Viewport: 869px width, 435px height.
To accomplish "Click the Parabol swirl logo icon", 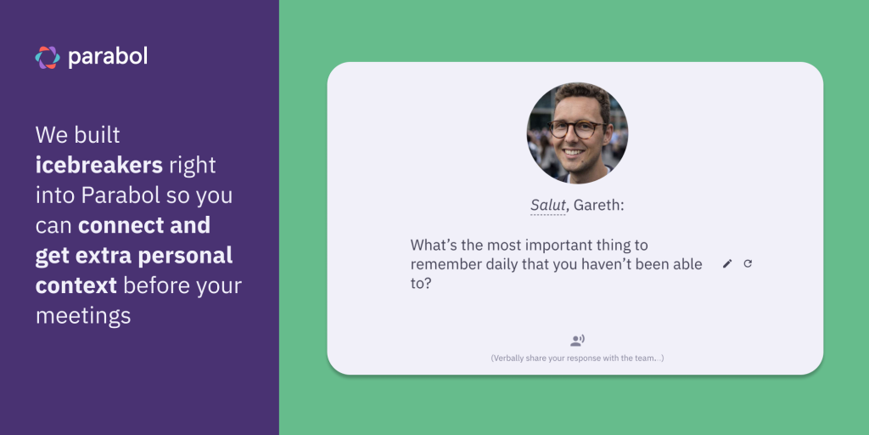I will (48, 58).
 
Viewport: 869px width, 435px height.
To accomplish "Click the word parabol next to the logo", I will (108, 57).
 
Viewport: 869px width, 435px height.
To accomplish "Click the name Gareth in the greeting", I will (598, 205).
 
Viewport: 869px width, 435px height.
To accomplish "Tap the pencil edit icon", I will (726, 264).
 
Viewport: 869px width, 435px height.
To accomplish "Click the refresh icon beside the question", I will (748, 263).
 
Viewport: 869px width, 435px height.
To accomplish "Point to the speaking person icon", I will (577, 341).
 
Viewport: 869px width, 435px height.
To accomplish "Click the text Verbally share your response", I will (577, 359).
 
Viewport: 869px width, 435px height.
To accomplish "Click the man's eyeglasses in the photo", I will (576, 129).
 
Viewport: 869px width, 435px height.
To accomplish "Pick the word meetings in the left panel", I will (83, 317).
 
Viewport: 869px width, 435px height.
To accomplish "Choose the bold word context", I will (76, 285).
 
